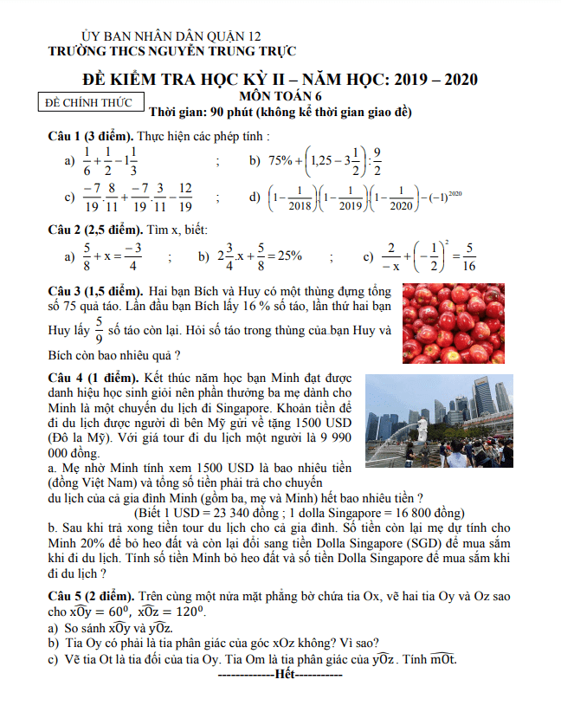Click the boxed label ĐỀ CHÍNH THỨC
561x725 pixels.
pos(93,102)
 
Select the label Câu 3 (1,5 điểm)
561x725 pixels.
pos(94,290)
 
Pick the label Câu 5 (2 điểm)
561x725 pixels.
pos(90,598)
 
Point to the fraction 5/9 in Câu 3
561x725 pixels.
pos(99,332)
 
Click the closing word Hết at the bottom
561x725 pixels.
pos(284,673)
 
